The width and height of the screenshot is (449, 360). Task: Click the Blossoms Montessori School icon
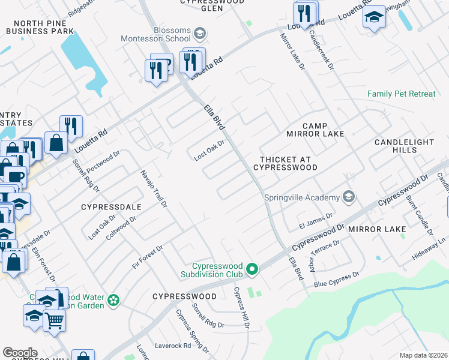click(200, 32)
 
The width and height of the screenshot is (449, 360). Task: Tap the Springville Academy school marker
click(348, 197)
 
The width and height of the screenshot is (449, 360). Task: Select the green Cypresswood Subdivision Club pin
click(253, 270)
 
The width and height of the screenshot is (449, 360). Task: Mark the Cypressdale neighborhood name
click(111, 207)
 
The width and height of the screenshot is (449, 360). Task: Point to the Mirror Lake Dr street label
click(292, 52)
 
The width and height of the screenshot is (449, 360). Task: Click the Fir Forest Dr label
click(148, 257)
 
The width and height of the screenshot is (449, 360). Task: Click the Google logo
click(20, 353)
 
